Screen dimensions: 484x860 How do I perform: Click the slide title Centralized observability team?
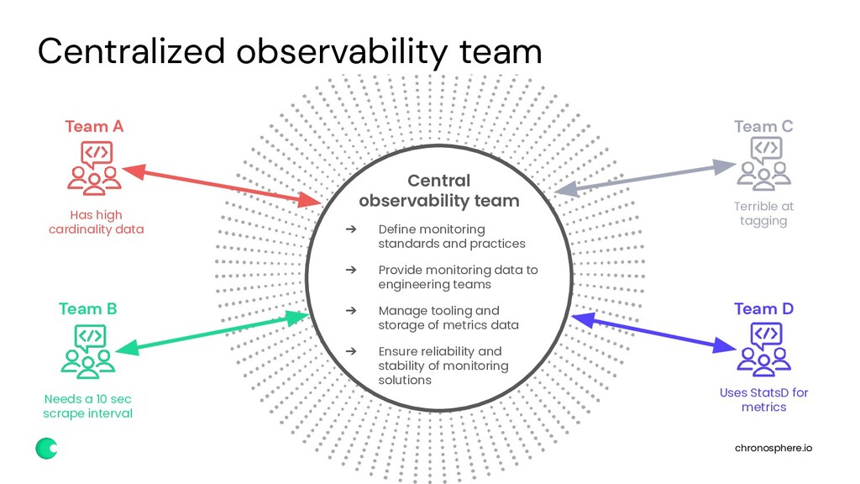(x=290, y=52)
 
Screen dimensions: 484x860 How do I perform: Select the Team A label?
(x=94, y=126)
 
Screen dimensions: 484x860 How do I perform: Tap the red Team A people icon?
(x=94, y=167)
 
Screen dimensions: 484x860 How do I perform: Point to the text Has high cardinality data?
(x=96, y=222)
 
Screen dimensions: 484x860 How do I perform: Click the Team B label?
(x=87, y=308)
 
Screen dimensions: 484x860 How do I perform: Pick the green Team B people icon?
(x=88, y=350)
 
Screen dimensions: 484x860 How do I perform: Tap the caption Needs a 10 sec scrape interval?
(x=87, y=405)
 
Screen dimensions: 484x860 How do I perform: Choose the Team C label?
(x=763, y=126)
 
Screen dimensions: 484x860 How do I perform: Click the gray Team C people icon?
(x=763, y=164)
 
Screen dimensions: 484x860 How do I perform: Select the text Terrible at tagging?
(x=763, y=213)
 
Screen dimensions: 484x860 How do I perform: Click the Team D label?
(x=763, y=308)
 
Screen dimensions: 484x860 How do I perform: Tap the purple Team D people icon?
(x=763, y=349)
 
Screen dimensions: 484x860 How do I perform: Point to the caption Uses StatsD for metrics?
(x=763, y=399)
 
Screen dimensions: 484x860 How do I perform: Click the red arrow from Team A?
(x=223, y=187)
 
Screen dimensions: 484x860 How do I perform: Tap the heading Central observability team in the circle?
(x=438, y=191)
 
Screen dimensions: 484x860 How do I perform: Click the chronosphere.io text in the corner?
(x=773, y=448)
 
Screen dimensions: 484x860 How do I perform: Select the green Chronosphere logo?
(x=46, y=449)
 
